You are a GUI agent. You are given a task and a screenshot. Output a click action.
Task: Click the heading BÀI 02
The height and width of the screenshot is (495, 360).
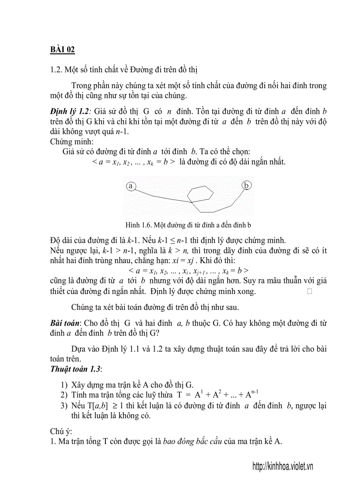coord(62,50)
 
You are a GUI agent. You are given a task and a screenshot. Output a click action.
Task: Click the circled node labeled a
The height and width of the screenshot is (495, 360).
coord(131,186)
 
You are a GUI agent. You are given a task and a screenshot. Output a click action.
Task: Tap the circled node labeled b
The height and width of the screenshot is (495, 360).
coord(247,186)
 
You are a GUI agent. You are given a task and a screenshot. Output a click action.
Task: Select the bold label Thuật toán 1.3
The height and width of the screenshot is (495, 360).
coord(75,368)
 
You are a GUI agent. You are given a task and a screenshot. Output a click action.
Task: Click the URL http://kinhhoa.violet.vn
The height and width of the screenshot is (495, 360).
coord(282,466)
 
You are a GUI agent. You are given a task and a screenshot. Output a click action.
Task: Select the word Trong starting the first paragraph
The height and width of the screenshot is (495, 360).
coord(81,85)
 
